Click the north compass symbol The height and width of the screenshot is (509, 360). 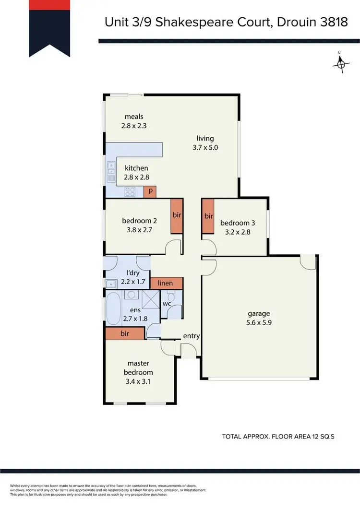(341, 63)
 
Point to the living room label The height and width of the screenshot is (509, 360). (205, 139)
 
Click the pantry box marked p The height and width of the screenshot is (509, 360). (150, 191)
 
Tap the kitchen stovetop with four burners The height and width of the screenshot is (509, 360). (130, 192)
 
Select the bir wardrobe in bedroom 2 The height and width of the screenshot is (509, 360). (177, 215)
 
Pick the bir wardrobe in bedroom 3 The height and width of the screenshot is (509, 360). (208, 216)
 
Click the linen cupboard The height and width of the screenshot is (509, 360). (166, 283)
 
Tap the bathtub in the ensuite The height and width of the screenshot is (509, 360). (114, 308)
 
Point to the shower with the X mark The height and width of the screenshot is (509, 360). (150, 301)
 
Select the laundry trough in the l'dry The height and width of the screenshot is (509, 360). (109, 283)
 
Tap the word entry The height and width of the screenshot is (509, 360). (191, 336)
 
